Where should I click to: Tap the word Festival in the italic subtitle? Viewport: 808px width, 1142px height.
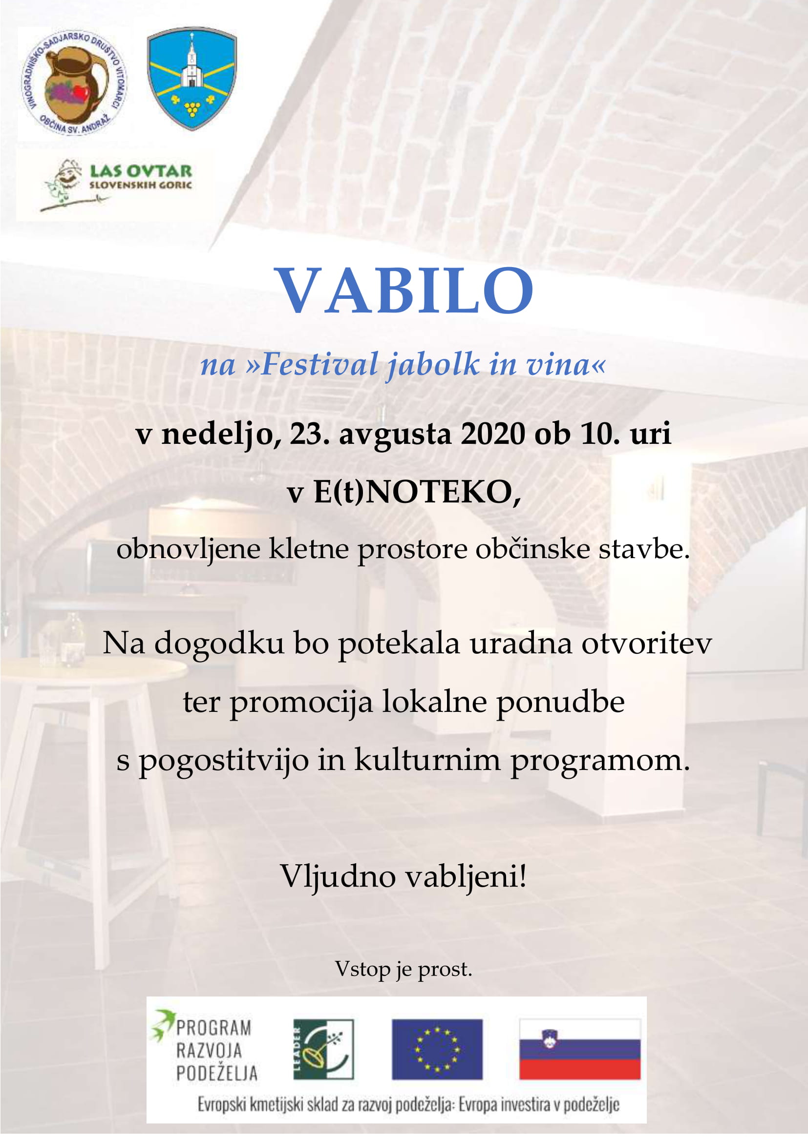click(x=319, y=364)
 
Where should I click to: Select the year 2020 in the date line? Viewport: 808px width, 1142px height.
click(x=492, y=434)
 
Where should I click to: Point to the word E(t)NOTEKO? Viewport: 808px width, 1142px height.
click(x=416, y=493)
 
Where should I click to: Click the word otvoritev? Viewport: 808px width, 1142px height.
click(x=646, y=643)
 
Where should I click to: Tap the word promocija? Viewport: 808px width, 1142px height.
click(x=301, y=703)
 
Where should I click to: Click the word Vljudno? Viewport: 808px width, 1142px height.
click(x=339, y=876)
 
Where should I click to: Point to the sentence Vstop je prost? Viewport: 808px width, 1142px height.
click(x=404, y=968)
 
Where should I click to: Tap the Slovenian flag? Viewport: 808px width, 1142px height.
click(x=580, y=1049)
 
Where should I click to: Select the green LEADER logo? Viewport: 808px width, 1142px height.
click(x=323, y=1049)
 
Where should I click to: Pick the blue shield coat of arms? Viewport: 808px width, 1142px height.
click(x=191, y=79)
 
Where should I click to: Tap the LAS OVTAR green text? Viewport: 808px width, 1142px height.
click(x=141, y=171)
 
